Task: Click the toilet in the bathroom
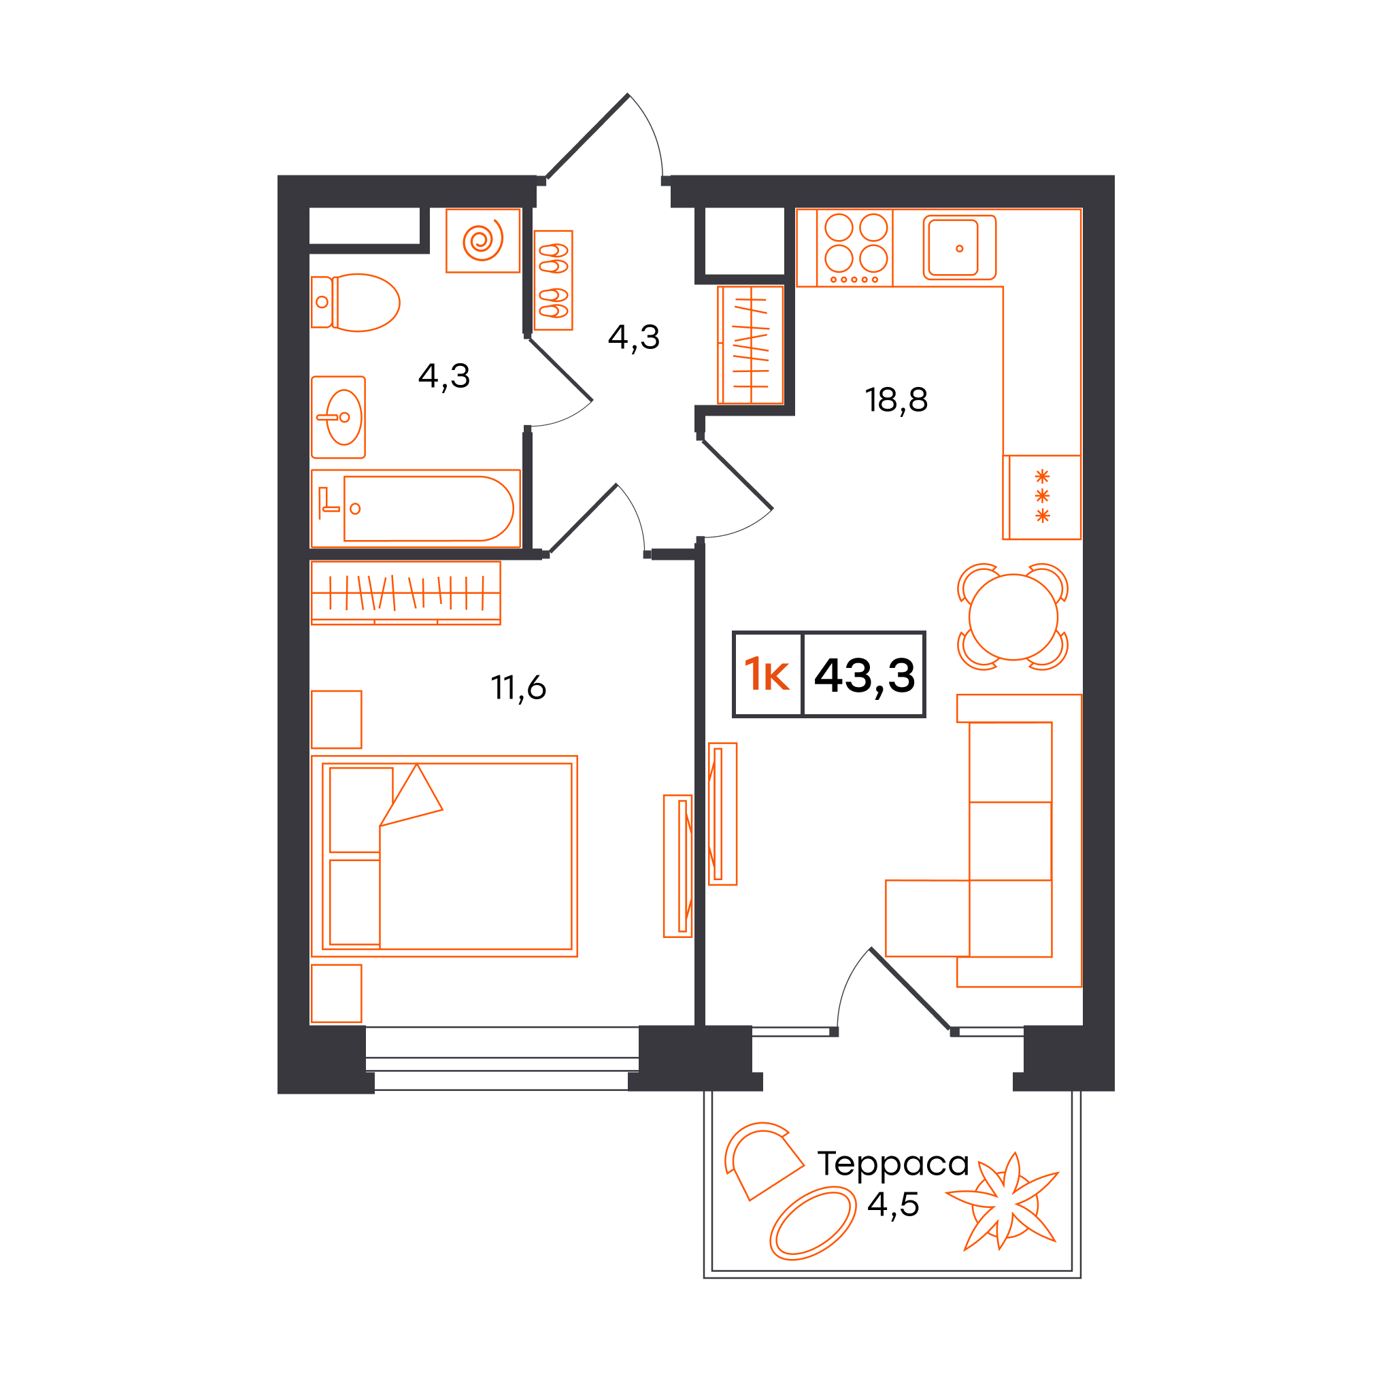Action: (x=355, y=302)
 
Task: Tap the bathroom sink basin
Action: (x=344, y=418)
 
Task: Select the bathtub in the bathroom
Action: (x=416, y=508)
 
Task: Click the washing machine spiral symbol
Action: (x=482, y=240)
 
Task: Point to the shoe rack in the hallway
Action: (x=553, y=280)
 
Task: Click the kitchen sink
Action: (x=959, y=248)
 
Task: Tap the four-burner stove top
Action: (x=854, y=248)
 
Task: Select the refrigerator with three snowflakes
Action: (x=1041, y=497)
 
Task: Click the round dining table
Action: (x=1013, y=616)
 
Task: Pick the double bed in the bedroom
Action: (x=444, y=856)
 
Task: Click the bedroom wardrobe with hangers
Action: (x=405, y=592)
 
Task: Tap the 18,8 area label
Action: (x=896, y=400)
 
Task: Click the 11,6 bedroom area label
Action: (x=518, y=688)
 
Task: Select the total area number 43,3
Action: (x=865, y=675)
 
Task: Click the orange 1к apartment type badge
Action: (x=767, y=675)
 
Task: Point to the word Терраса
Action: (x=892, y=1163)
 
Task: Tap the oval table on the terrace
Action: (x=813, y=1225)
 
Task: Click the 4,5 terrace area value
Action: (x=892, y=1205)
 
